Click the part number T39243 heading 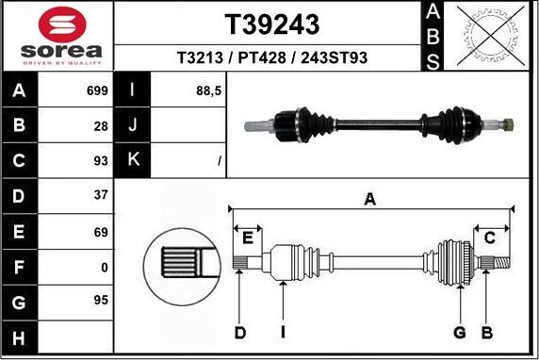tap(271, 24)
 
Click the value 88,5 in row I tap(208, 92)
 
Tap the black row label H tap(20, 335)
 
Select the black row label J tap(133, 125)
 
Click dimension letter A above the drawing tap(370, 198)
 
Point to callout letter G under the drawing tap(460, 332)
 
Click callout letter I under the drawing tap(283, 332)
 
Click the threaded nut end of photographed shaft tap(508, 123)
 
